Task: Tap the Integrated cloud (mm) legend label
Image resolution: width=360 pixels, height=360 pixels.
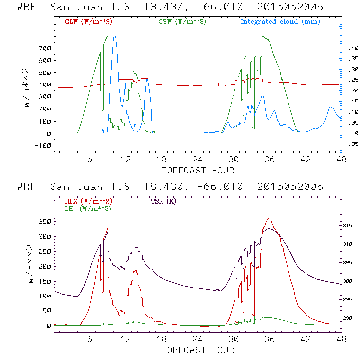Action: click(280, 22)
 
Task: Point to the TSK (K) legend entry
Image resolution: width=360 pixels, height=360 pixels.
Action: click(163, 201)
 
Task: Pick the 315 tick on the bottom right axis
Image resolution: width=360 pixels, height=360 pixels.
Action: click(350, 226)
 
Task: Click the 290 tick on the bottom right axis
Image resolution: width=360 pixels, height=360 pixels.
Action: click(350, 318)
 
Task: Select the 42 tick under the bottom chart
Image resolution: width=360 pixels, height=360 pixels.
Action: click(306, 340)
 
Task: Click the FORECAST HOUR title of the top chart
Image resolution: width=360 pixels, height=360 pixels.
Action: click(197, 170)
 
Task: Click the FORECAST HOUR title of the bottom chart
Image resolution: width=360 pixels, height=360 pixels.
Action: click(197, 350)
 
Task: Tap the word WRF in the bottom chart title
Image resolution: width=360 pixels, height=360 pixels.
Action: click(26, 187)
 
